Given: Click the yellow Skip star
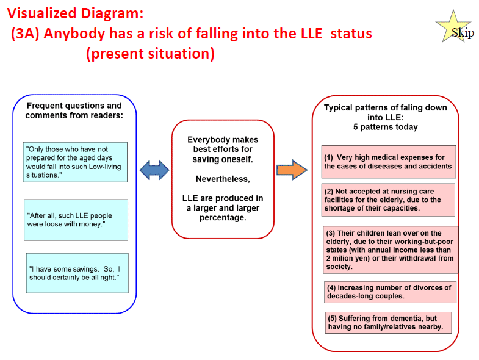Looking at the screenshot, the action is coord(453,27).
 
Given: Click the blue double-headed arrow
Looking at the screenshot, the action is coord(154,170).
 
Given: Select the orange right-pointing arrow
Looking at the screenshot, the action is coord(292,170).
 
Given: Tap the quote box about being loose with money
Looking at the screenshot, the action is coord(76,220).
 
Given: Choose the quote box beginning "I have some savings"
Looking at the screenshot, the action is coord(77,273).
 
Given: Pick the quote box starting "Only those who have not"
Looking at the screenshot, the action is coord(75,162).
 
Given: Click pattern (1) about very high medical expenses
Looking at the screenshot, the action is coord(389,162).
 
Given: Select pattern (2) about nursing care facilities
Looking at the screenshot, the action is coord(388,200).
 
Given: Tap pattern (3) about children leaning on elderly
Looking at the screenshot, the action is coord(391,250).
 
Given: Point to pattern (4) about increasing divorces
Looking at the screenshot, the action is coord(390,292).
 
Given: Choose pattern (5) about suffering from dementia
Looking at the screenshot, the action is coord(388,323).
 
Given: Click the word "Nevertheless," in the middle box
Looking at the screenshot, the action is coord(223,179).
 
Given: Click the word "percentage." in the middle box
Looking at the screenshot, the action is coord(223,218).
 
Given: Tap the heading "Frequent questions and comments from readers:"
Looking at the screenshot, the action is coord(74,110).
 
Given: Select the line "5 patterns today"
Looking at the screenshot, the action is coord(386,127).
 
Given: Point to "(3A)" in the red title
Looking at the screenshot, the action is coord(26,34).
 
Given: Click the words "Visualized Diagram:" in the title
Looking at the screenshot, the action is coord(75,13).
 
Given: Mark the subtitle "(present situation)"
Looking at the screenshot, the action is coord(150,54).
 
